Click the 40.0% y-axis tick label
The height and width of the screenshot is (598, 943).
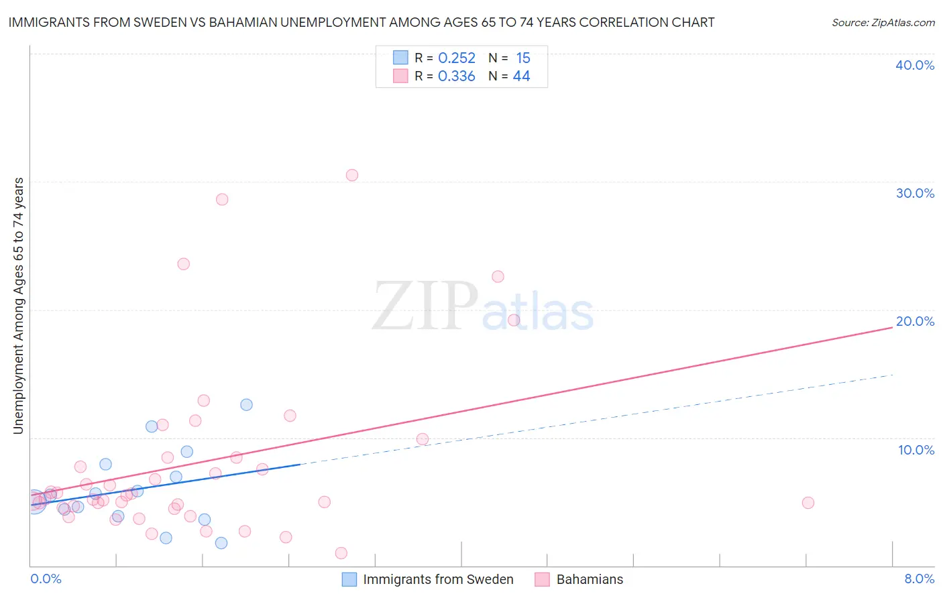tap(915, 65)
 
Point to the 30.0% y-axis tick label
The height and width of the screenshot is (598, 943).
tap(915, 193)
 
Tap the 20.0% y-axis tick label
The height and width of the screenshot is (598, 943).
tap(915, 321)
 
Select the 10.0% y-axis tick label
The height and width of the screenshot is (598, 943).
tap(916, 450)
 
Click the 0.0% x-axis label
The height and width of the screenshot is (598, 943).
tap(46, 579)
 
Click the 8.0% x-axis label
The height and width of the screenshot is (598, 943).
tap(919, 579)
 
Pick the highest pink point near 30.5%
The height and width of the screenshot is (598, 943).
tap(352, 175)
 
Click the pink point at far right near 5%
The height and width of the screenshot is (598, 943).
tap(808, 503)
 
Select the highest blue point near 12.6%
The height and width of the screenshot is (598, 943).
tap(246, 404)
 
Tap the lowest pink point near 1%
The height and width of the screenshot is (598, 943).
tap(341, 553)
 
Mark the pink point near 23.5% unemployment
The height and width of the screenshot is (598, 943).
tap(183, 264)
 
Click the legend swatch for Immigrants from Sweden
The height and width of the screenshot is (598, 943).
tap(349, 579)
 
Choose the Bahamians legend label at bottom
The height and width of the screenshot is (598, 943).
tap(590, 579)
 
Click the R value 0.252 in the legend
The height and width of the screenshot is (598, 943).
tap(457, 58)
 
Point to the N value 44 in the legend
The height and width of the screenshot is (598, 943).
tap(521, 76)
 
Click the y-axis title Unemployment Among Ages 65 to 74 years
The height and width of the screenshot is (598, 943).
tap(19, 306)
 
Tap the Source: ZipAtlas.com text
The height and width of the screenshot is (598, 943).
tap(883, 23)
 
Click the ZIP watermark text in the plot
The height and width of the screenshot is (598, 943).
tap(425, 306)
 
